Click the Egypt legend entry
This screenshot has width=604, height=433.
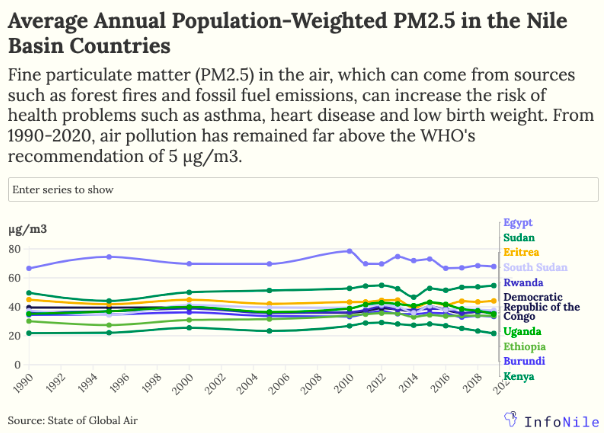tap(517, 222)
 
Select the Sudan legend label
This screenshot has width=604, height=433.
tap(519, 237)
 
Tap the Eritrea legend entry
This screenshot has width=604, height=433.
tap(521, 252)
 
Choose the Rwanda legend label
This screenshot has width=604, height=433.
tap(523, 283)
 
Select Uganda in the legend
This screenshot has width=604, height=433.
tap(523, 331)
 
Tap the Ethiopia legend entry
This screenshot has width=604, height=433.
tap(525, 346)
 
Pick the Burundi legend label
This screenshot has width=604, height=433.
tap(523, 361)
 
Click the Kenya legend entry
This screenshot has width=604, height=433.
tap(519, 376)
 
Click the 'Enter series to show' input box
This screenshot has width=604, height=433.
tap(252, 189)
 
